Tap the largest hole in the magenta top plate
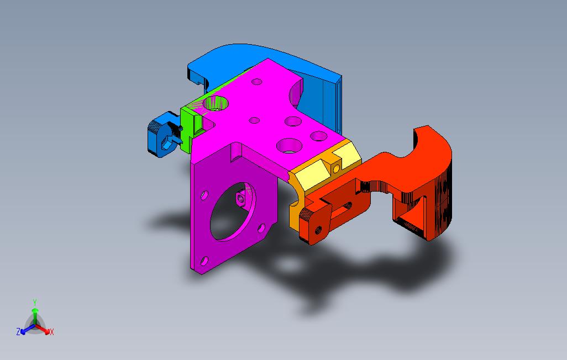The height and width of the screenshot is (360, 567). (x=288, y=145)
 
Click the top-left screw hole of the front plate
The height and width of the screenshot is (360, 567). (x=204, y=195)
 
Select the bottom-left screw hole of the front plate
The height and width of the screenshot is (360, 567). (x=204, y=259)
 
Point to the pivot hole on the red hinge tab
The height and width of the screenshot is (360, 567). (x=318, y=227)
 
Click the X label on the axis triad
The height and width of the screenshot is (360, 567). (x=52, y=332)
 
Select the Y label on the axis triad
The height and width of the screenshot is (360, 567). (x=34, y=303)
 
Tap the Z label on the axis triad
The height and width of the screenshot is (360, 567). (x=18, y=332)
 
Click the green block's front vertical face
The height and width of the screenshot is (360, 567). (x=186, y=130)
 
